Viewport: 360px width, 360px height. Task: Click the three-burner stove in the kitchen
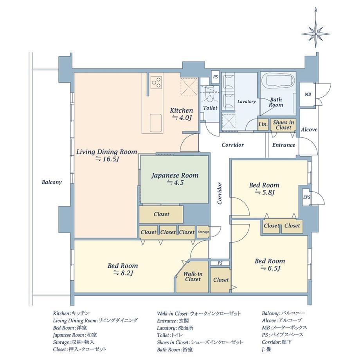[x=157, y=82]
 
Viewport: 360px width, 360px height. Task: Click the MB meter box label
[x=308, y=94]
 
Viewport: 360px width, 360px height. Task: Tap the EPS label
[x=307, y=197]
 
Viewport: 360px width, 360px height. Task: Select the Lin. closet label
[x=263, y=124]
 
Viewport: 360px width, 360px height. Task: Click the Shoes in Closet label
[x=283, y=125]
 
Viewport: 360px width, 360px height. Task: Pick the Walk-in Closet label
[x=193, y=276]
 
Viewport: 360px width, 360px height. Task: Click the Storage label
[x=203, y=232]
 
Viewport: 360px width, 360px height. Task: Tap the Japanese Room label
[x=175, y=176]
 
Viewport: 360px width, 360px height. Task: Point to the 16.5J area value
[x=107, y=159]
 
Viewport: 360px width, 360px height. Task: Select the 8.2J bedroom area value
[x=124, y=273]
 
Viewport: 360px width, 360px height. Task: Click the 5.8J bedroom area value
[x=265, y=193]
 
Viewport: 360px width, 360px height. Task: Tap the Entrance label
[x=284, y=145]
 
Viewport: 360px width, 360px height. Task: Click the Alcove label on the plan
[x=309, y=130]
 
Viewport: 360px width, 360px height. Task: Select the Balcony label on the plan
[x=52, y=182]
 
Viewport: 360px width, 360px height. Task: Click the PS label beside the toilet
[x=215, y=77]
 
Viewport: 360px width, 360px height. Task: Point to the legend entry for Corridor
[x=277, y=342]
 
